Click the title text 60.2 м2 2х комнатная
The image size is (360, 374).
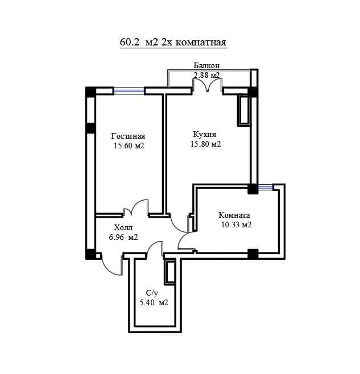pyautogui.click(x=173, y=43)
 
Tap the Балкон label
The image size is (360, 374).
pyautogui.click(x=206, y=65)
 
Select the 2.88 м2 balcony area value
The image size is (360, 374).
pyautogui.click(x=206, y=75)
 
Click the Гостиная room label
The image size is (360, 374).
pyautogui.click(x=128, y=136)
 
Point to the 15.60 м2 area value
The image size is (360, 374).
pyautogui.click(x=129, y=146)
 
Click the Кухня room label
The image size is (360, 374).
pyautogui.click(x=205, y=134)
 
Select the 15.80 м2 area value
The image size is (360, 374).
pyautogui.click(x=206, y=144)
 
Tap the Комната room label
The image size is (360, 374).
pyautogui.click(x=234, y=215)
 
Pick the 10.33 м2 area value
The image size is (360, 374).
pyautogui.click(x=237, y=225)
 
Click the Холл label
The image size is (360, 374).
pyautogui.click(x=123, y=227)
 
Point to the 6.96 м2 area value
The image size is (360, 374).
pyautogui.click(x=123, y=238)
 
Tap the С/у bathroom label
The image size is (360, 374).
pyautogui.click(x=152, y=293)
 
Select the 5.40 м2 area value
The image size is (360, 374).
pyautogui.click(x=154, y=303)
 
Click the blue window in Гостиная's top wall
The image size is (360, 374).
pyautogui.click(x=129, y=91)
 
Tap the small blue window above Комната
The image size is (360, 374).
pyautogui.click(x=265, y=187)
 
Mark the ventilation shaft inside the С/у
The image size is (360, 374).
pyautogui.click(x=170, y=272)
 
